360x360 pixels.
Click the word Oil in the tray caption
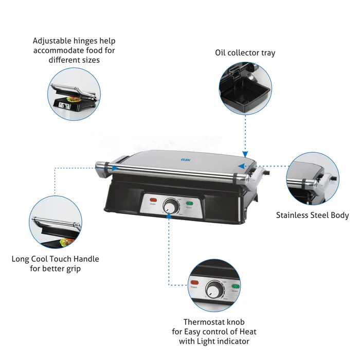pos(221,53)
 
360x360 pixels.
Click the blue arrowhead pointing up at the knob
pos(170,218)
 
